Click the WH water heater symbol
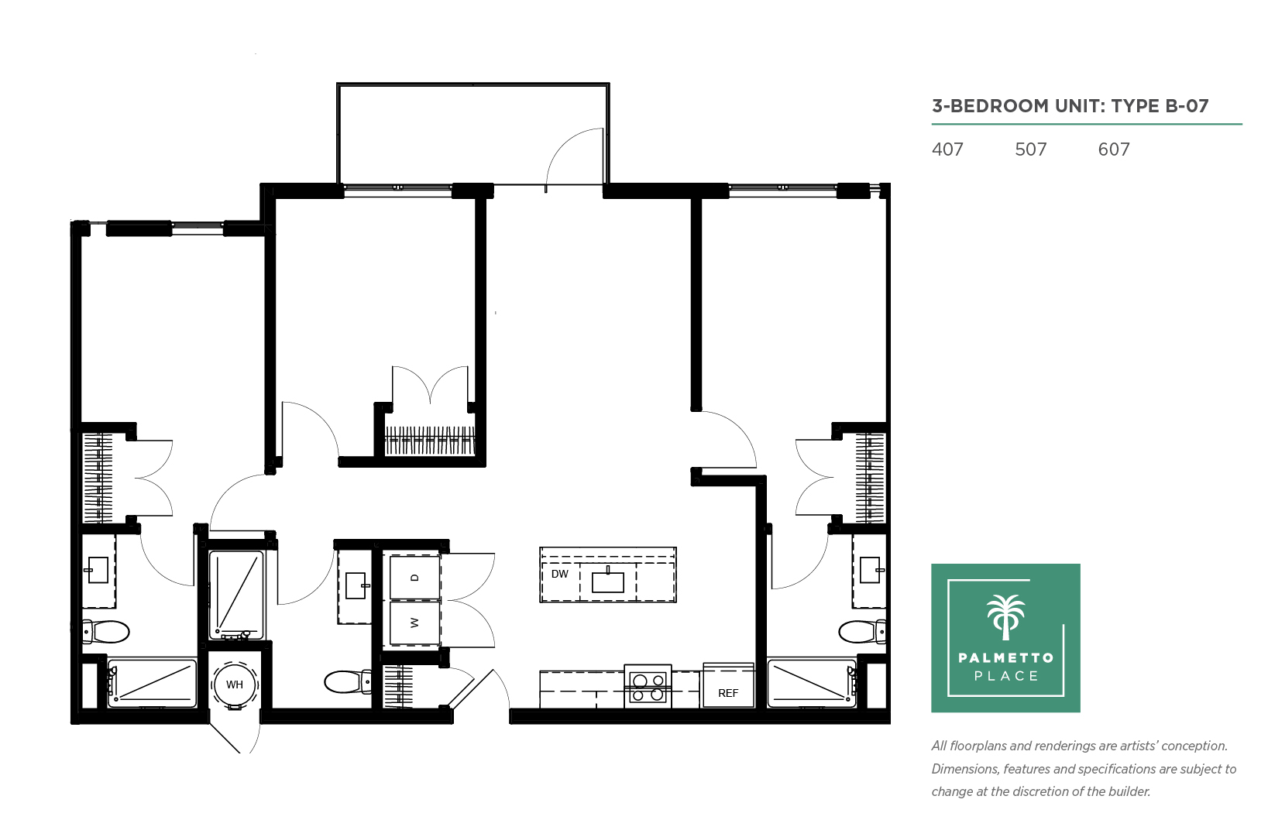235,684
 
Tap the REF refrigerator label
728,693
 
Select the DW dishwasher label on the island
560,574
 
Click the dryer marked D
415,577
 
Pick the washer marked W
415,623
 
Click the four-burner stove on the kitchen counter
648,687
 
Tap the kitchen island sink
608,582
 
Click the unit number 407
947,149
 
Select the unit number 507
1031,149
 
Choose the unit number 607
1114,149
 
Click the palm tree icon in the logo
1005,617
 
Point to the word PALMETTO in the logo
1005,657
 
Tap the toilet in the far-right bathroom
862,632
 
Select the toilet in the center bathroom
348,682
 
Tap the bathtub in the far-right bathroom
812,682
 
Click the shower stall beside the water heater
236,595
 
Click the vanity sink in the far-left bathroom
98,570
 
